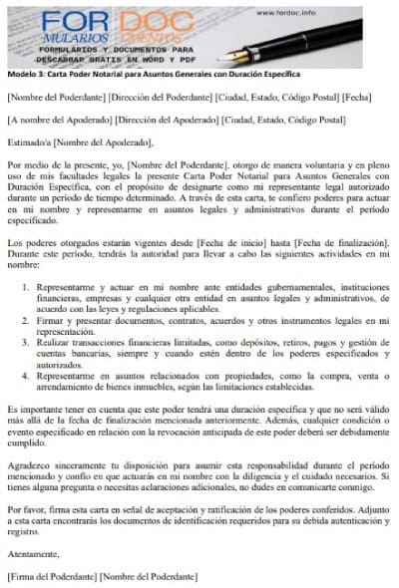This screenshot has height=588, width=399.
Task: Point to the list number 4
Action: (x=26, y=403)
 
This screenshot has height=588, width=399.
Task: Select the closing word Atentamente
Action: (x=32, y=554)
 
